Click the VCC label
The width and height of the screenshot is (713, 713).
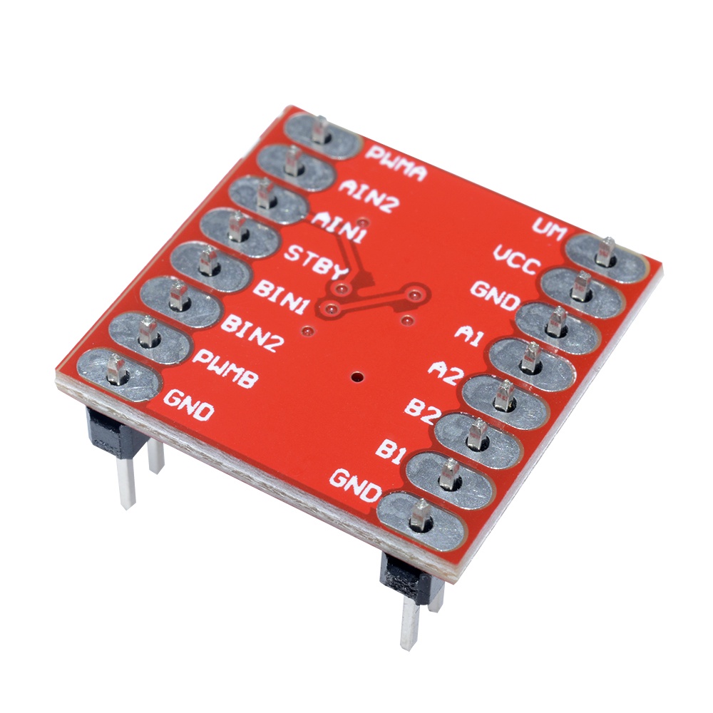[517, 260]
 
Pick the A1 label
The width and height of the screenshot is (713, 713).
[469, 335]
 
